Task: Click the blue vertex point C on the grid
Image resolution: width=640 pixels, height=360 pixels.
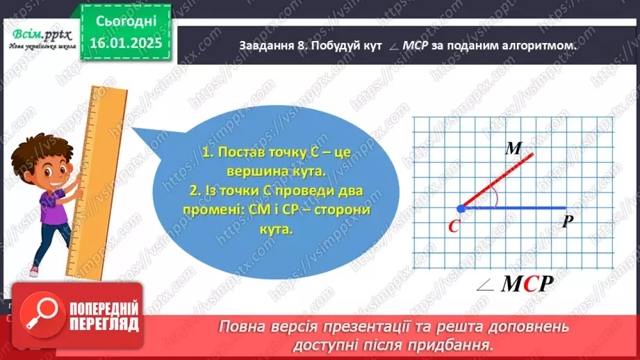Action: click(461, 208)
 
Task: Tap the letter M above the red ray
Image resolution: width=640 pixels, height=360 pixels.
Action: click(514, 148)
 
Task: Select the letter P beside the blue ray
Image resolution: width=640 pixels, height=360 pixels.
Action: click(567, 222)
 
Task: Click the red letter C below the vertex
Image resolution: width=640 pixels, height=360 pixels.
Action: click(455, 226)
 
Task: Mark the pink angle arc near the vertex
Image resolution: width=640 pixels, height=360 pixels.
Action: click(495, 199)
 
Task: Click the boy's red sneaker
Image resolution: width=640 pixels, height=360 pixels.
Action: click(33, 270)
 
